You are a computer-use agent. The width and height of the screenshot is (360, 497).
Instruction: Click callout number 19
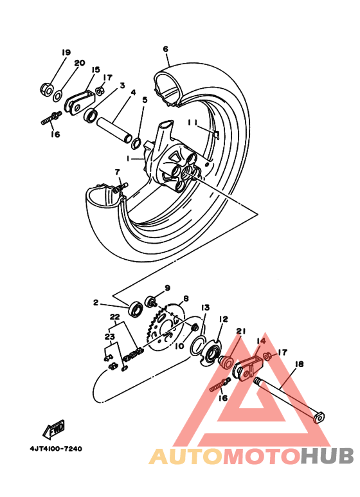pyautogui.click(x=66, y=53)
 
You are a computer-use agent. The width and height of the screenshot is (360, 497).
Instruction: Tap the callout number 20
pyautogui.click(x=80, y=63)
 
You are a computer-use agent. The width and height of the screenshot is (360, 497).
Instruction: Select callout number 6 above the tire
pyautogui.click(x=166, y=49)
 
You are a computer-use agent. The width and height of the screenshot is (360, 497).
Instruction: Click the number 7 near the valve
pyautogui.click(x=118, y=172)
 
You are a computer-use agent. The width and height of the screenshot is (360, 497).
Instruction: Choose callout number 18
pyautogui.click(x=299, y=364)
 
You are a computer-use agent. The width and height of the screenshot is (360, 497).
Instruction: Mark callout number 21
pyautogui.click(x=241, y=331)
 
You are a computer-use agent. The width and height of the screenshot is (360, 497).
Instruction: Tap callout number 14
pyautogui.click(x=261, y=341)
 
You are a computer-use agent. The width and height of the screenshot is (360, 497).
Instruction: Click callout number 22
pyautogui.click(x=115, y=317)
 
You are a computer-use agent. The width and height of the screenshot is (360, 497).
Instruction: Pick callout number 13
pyautogui.click(x=206, y=308)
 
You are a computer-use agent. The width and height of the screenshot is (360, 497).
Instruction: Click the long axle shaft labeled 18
pyautogui.click(x=288, y=399)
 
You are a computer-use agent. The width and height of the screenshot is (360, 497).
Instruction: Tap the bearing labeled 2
pyautogui.click(x=136, y=309)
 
